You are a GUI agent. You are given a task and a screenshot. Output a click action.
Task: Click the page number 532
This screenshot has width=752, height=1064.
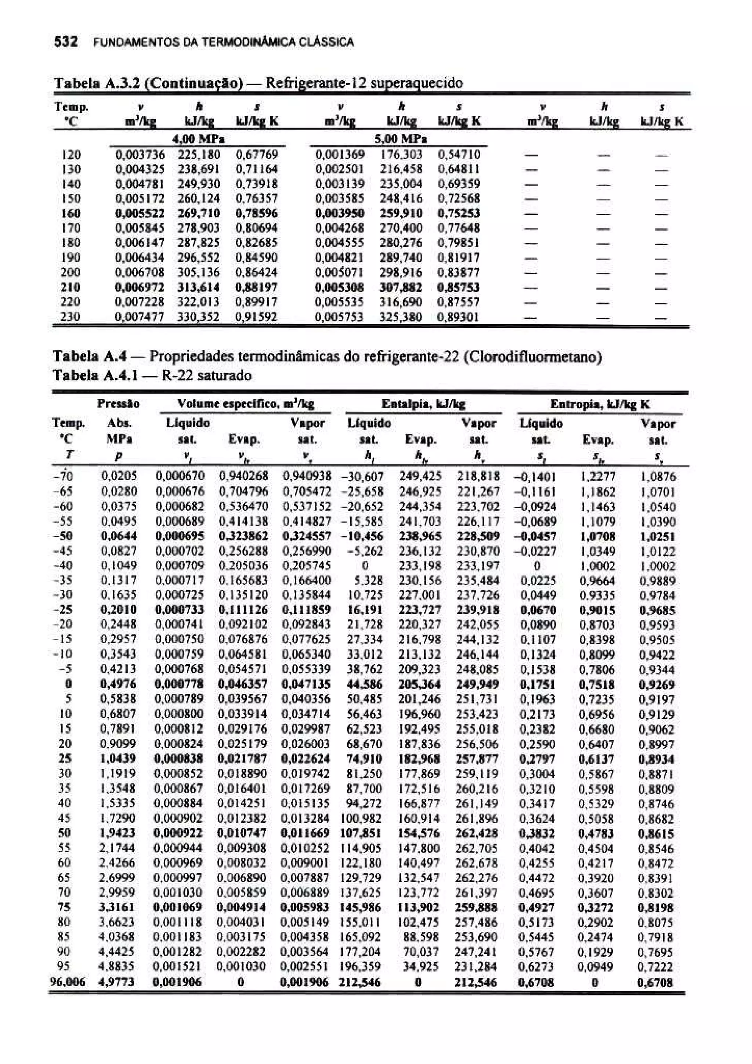point(65,42)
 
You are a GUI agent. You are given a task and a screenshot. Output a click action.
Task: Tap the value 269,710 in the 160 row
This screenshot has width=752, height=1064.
point(199,213)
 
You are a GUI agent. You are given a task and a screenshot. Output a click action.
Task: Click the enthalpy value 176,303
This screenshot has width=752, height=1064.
point(401,154)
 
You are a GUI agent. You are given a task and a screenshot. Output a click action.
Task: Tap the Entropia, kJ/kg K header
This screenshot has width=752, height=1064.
point(600,405)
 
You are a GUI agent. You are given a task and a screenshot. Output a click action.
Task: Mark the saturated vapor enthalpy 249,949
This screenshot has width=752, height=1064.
point(478,684)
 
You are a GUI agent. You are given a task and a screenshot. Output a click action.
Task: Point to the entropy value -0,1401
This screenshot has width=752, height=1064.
point(535,477)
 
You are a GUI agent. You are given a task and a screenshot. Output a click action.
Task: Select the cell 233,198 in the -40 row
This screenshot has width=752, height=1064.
point(420,565)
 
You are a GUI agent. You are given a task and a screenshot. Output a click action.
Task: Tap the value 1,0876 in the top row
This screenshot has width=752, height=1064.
point(658,477)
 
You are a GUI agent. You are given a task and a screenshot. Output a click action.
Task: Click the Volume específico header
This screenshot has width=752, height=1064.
point(246,404)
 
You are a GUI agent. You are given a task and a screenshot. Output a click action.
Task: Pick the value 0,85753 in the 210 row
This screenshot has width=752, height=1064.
point(458,287)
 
